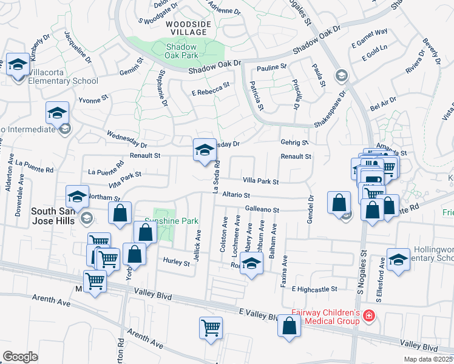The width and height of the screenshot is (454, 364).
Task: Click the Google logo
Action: coord(21,356)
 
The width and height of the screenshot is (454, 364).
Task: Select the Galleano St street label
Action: coord(262,209)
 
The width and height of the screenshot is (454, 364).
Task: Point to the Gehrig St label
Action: coord(294,143)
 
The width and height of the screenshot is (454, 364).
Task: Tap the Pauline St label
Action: coord(271,67)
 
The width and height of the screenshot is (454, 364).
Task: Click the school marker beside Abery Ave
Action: coord(251,264)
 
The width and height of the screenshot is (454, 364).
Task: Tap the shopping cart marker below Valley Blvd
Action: coord(211,328)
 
